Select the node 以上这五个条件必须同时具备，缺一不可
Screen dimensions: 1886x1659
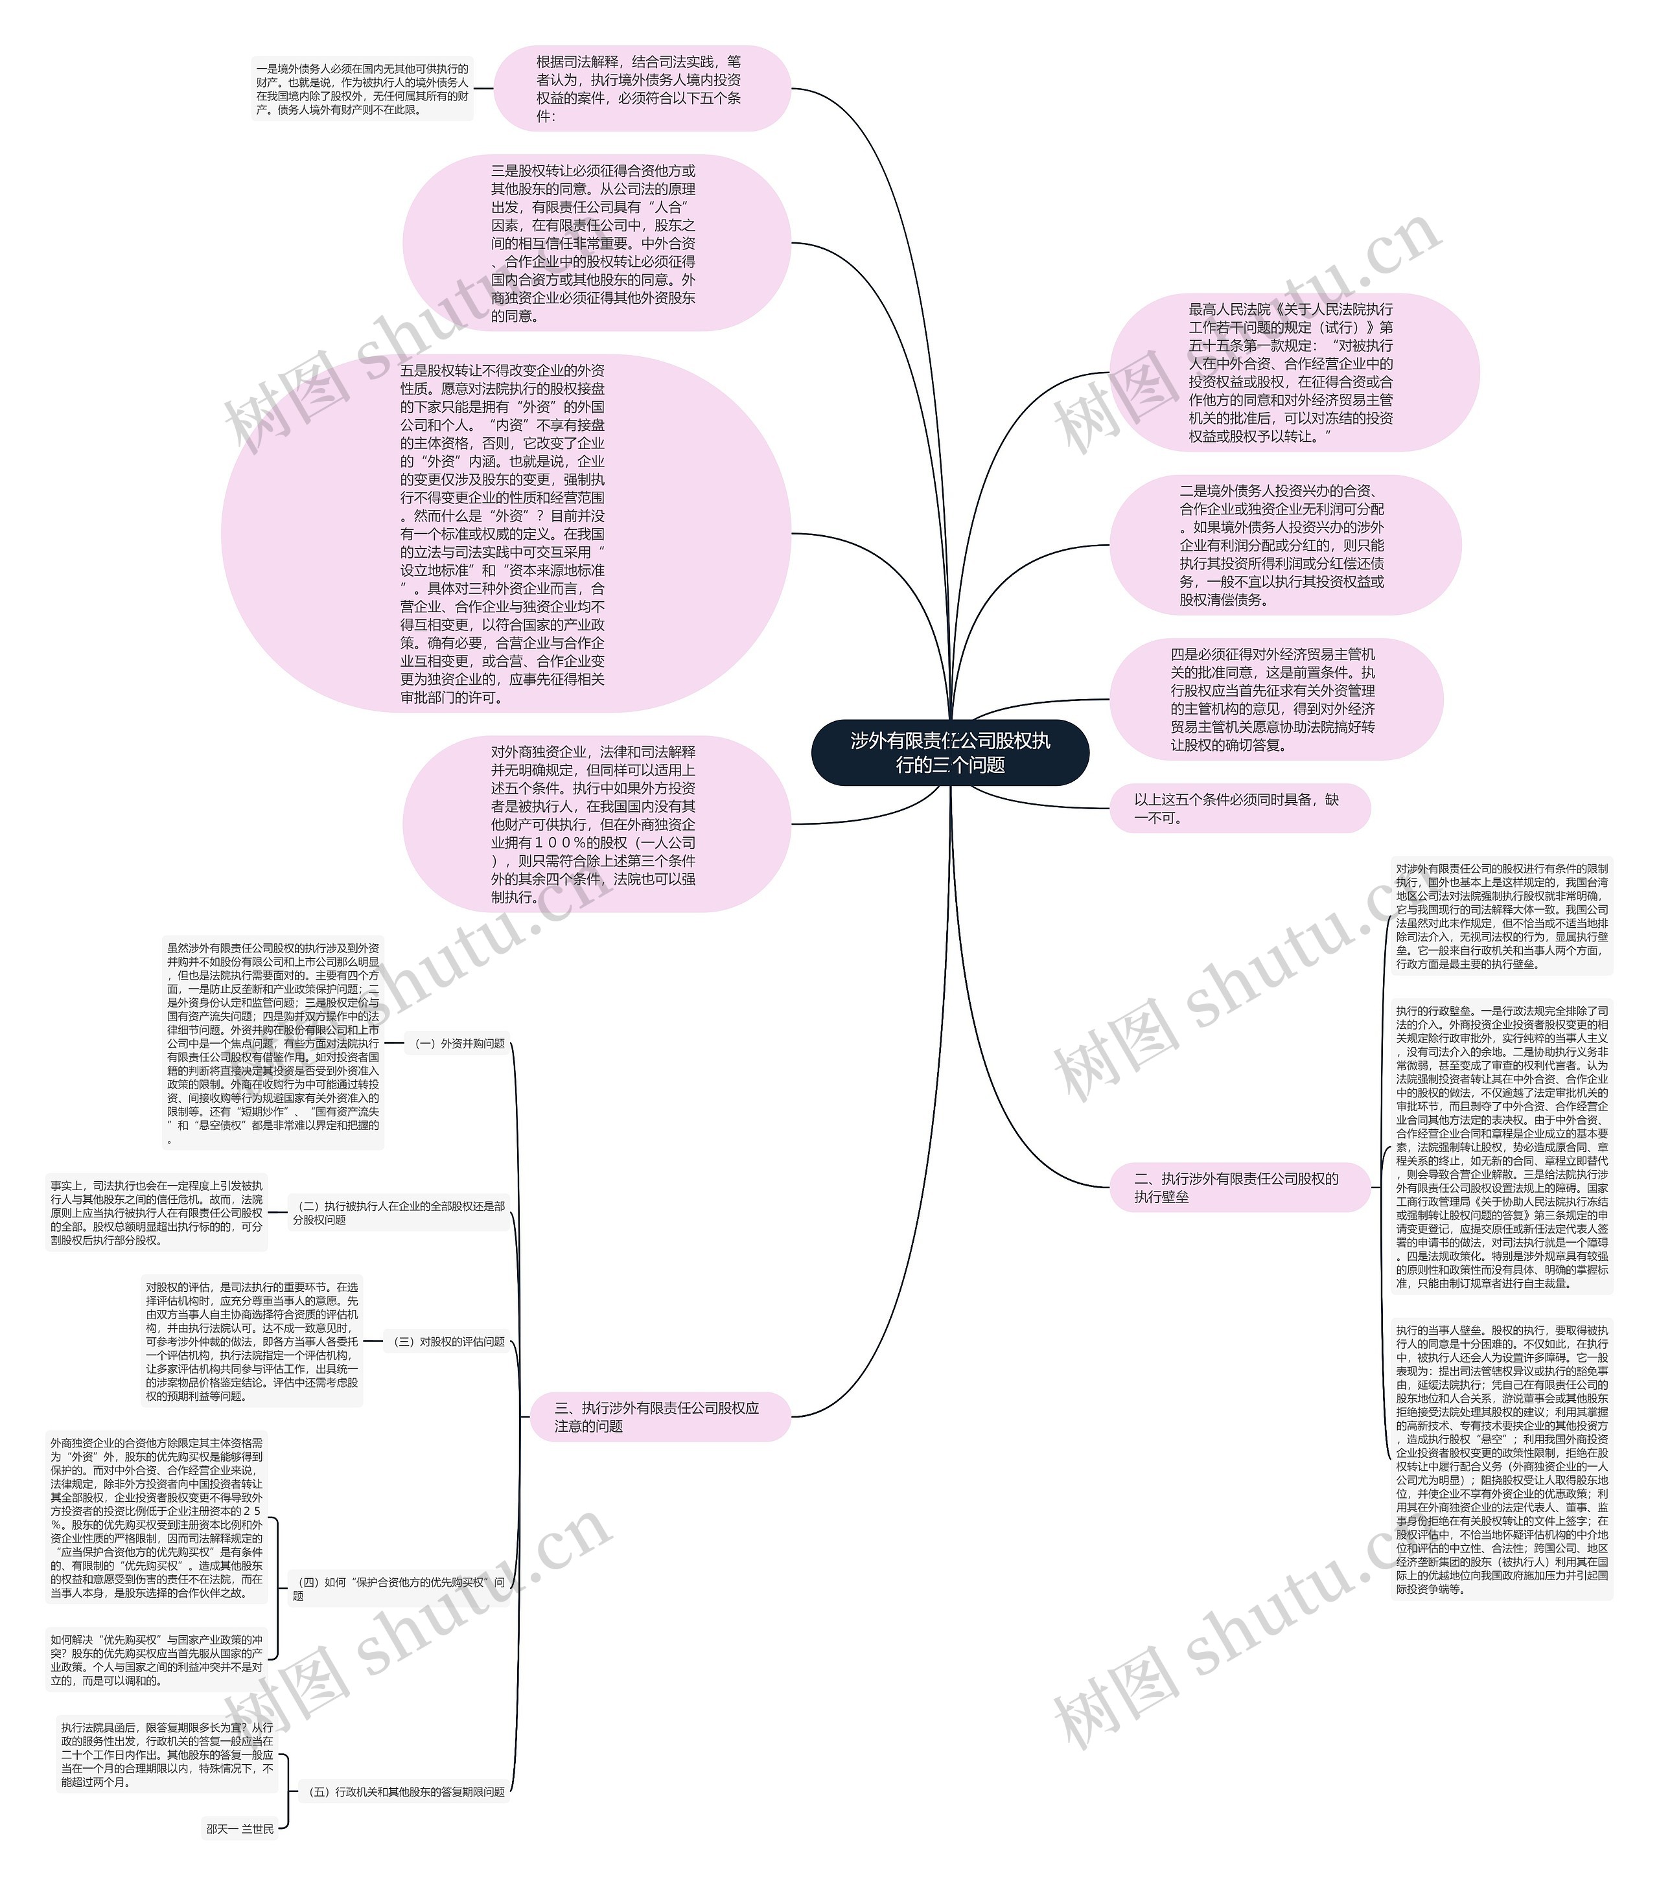pyautogui.click(x=1238, y=809)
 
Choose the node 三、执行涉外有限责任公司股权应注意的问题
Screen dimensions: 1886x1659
pyautogui.click(x=659, y=1416)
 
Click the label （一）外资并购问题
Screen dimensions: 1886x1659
pyautogui.click(x=459, y=1044)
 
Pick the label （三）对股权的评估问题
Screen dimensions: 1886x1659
pyautogui.click(x=448, y=1342)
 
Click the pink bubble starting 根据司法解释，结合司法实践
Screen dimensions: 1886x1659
pyautogui.click(x=642, y=89)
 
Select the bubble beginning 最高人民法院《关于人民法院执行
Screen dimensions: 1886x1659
pyautogui.click(x=1292, y=372)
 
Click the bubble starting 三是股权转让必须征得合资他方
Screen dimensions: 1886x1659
pyautogui.click(x=595, y=243)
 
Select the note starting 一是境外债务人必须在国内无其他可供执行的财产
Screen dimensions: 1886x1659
pyautogui.click(x=362, y=89)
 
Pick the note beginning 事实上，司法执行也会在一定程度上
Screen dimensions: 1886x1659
pyautogui.click(x=157, y=1212)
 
